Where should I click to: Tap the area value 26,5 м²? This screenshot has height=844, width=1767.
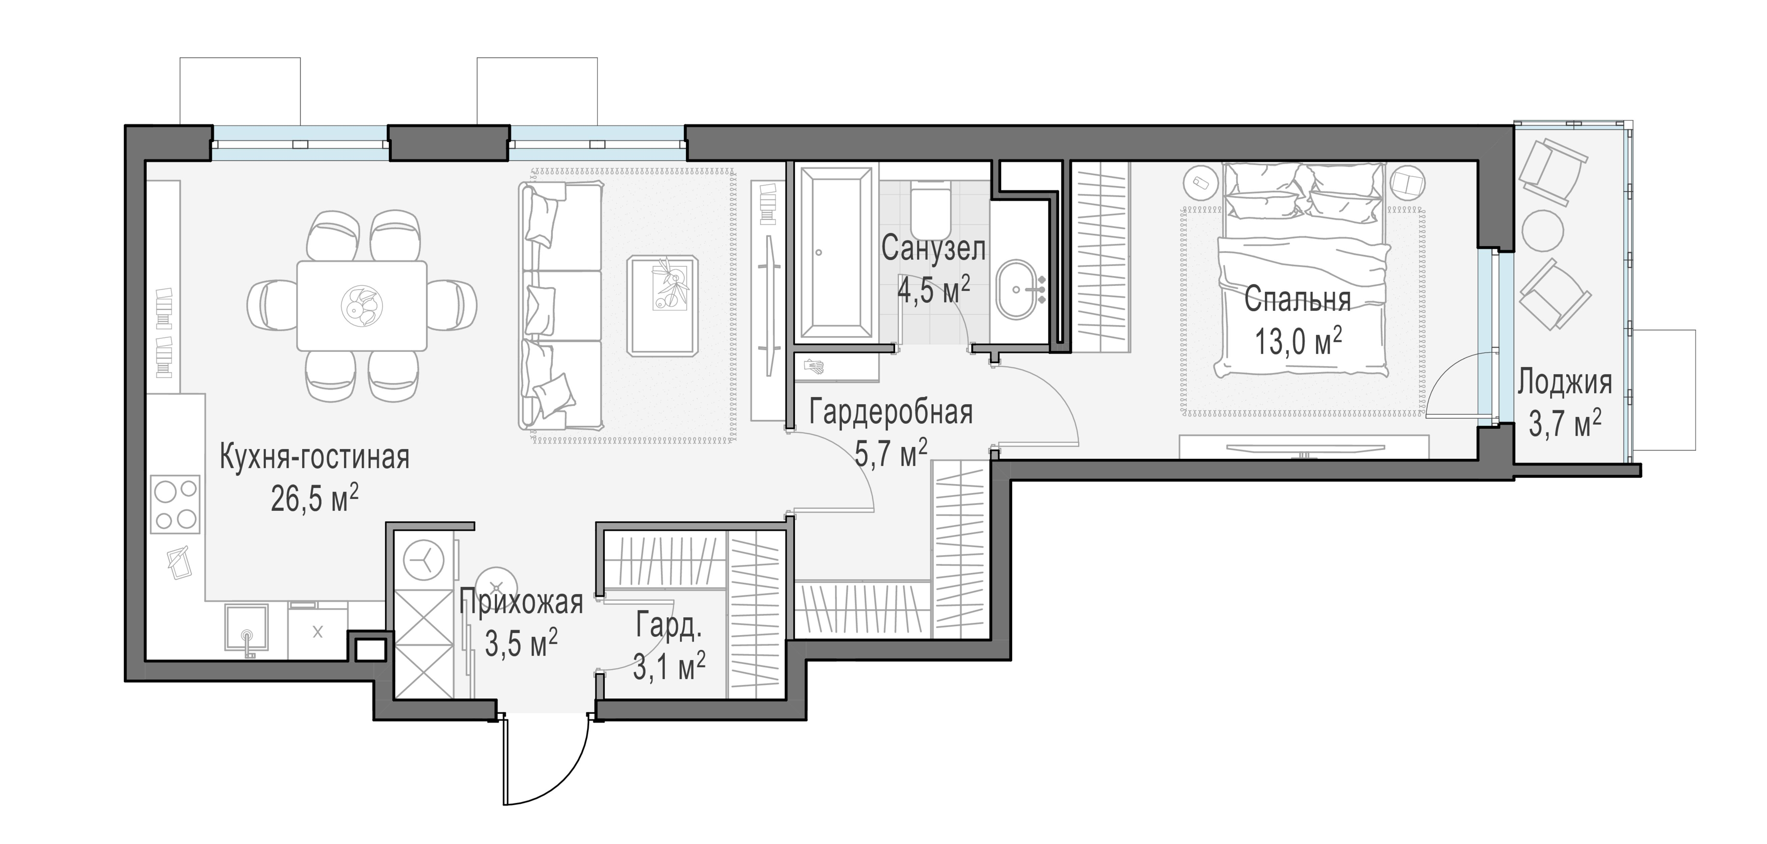[x=315, y=499]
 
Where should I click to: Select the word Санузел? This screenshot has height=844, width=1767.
[x=934, y=248]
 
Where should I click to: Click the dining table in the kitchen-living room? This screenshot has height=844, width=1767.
[x=361, y=305]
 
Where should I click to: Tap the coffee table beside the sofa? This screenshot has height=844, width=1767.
[x=663, y=305]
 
